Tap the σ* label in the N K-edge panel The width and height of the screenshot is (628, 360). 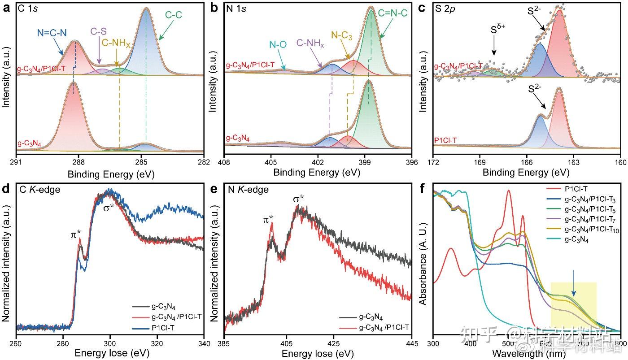(300, 198)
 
